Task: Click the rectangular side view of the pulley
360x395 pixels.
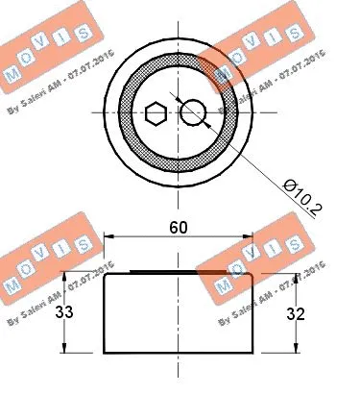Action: [x=178, y=312]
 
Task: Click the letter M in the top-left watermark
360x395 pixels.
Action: [x=13, y=73]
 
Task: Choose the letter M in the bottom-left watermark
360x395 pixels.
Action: [x=12, y=285]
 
